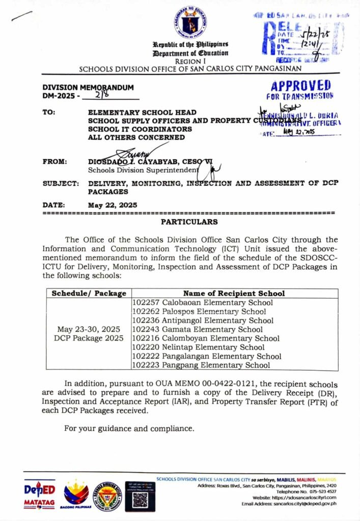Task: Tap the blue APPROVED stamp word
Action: [x=300, y=85]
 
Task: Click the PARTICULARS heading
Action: [x=189, y=222]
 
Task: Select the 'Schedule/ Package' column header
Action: [x=89, y=293]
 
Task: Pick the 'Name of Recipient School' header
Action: [x=234, y=293]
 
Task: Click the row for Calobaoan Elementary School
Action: [x=202, y=303]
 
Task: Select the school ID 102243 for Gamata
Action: [x=146, y=330]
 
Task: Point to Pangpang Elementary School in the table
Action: [x=201, y=365]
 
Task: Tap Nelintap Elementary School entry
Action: [x=198, y=348]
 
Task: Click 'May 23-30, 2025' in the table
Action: [x=89, y=329]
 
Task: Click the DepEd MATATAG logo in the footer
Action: [x=39, y=494]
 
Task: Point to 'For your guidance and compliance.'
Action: [x=129, y=428]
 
